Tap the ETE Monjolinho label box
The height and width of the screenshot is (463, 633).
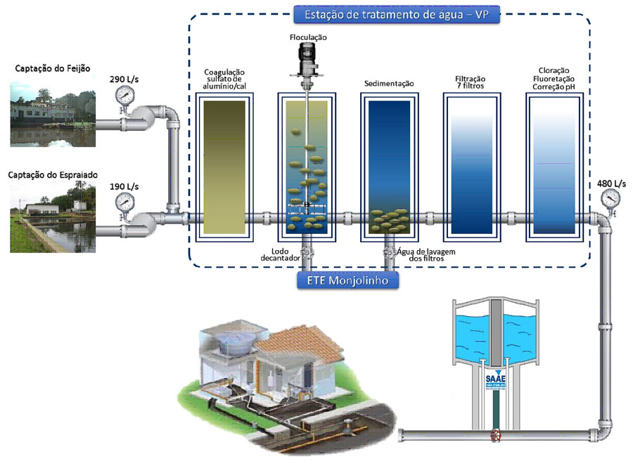pyautogui.click(x=345, y=281)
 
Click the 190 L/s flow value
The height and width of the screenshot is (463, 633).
pyautogui.click(x=124, y=187)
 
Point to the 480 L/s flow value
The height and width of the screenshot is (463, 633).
pyautogui.click(x=611, y=184)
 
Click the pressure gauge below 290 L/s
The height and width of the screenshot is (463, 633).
pyautogui.click(x=125, y=96)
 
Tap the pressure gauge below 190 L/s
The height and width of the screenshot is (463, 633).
pyautogui.click(x=125, y=202)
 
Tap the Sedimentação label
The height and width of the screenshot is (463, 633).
pyautogui.click(x=388, y=84)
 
